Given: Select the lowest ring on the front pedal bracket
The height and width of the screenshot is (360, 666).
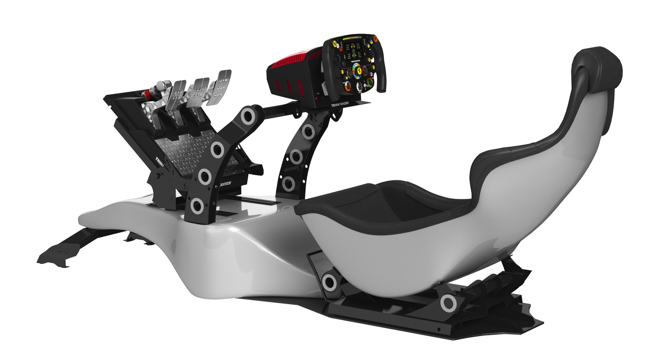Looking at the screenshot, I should click(197, 205).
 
